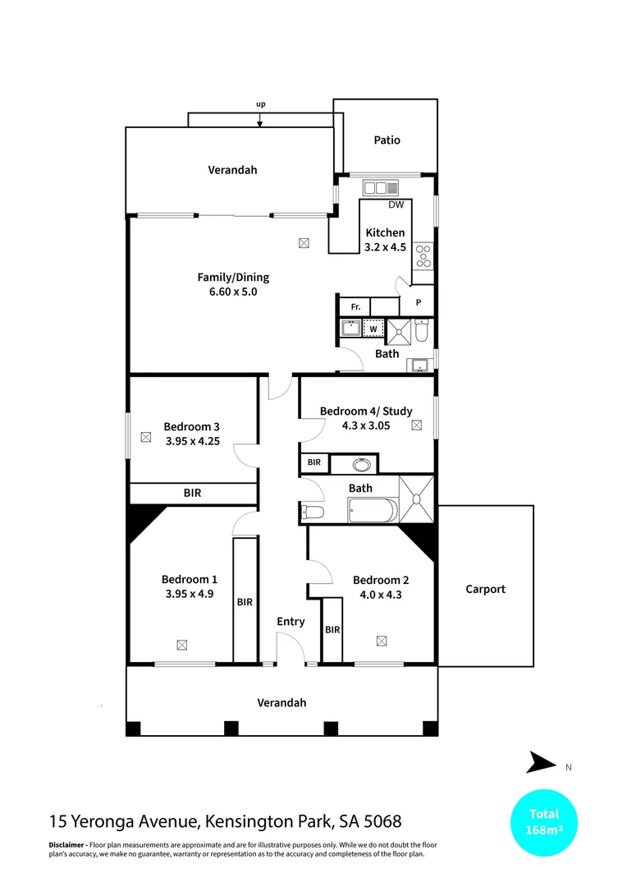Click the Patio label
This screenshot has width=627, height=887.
(387, 140)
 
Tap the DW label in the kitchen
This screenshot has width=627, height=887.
(396, 205)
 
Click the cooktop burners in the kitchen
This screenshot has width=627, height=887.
(423, 257)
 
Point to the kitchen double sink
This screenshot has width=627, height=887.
(381, 187)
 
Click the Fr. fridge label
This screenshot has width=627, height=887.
(355, 306)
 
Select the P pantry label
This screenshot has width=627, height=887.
(419, 303)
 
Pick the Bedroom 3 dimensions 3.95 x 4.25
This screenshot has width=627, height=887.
(191, 440)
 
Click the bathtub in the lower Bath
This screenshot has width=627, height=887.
(373, 512)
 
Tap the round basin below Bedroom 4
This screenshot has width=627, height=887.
(361, 465)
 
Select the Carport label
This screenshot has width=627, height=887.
(485, 589)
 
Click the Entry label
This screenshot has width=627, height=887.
(291, 622)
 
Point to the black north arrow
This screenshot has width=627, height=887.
(541, 762)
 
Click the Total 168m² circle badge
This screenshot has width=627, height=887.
(543, 821)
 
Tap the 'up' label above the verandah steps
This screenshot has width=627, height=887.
(260, 104)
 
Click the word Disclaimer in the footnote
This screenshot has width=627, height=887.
(66, 845)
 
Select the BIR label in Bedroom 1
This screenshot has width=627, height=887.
(245, 602)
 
